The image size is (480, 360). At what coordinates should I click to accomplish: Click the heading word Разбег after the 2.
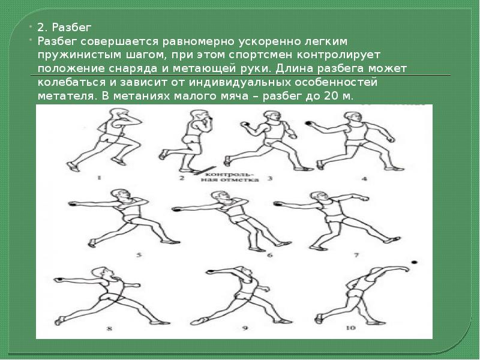tap(71, 28)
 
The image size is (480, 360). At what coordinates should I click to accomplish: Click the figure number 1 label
tap(99, 177)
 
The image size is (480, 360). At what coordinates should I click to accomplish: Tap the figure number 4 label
tap(364, 178)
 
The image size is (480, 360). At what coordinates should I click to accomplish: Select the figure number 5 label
tap(139, 254)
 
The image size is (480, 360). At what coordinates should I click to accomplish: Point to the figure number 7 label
tap(356, 254)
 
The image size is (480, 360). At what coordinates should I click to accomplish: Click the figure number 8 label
tap(109, 329)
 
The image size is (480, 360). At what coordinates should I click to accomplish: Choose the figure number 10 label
tap(351, 328)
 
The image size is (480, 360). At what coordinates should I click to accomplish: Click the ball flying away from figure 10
tap(415, 262)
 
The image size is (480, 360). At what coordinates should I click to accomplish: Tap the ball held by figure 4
tap(308, 123)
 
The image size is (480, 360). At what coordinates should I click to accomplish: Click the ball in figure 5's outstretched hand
tap(71, 203)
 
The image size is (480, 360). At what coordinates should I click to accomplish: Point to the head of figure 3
tap(272, 116)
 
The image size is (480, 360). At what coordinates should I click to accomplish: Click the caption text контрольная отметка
tap(230, 176)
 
